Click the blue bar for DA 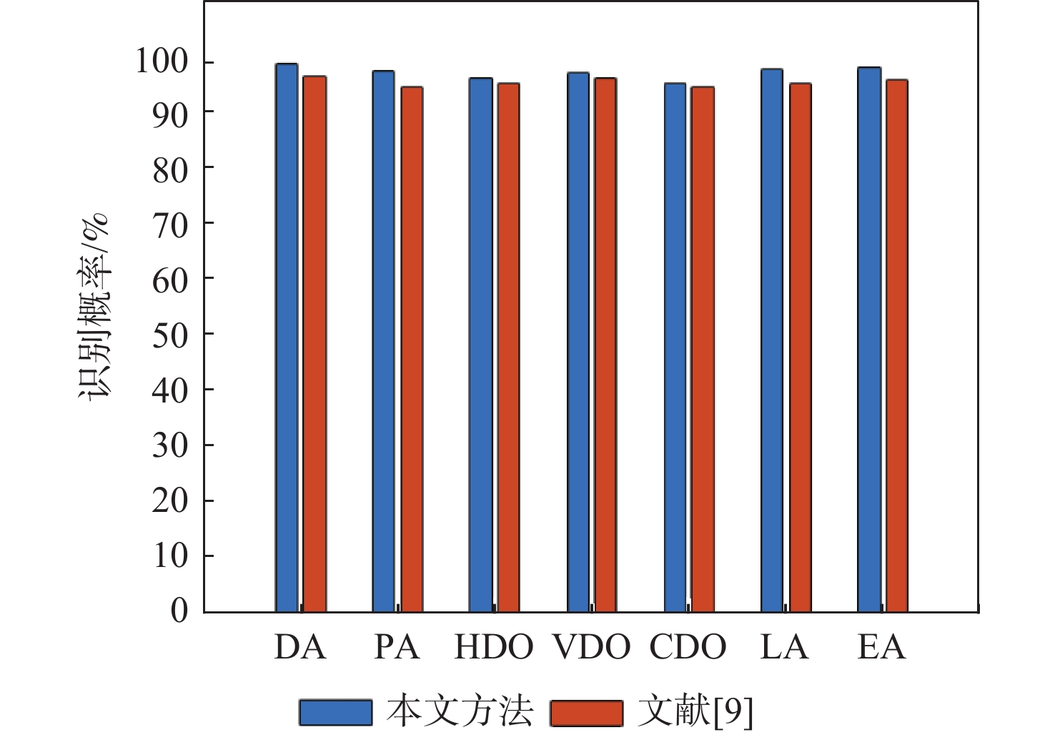click(x=287, y=337)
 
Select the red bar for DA click(x=314, y=344)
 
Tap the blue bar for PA click(x=383, y=341)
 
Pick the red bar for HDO click(x=508, y=347)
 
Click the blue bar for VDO click(x=578, y=342)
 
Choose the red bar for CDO click(x=703, y=349)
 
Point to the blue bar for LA click(x=772, y=340)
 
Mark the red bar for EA click(x=897, y=345)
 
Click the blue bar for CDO click(x=675, y=347)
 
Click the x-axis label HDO click(x=494, y=647)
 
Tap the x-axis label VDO click(x=591, y=647)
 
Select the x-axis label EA click(x=881, y=647)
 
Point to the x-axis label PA click(x=397, y=647)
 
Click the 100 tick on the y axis click(x=162, y=62)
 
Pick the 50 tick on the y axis click(x=169, y=334)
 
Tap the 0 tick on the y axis click(x=179, y=611)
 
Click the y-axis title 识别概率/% click(x=94, y=307)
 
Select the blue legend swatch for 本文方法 click(x=335, y=712)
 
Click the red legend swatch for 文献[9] click(x=586, y=712)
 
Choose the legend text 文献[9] click(x=695, y=712)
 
